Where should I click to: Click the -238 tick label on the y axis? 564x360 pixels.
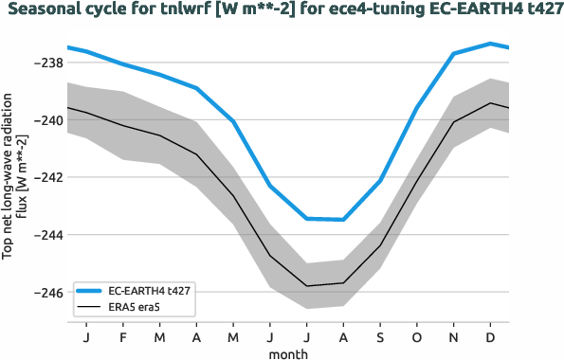pos(47,63)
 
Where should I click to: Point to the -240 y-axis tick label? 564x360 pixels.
pos(47,120)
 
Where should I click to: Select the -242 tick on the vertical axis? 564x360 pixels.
pos(47,178)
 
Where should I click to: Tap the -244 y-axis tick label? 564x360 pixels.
pos(47,235)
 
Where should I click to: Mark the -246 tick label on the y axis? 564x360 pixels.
pos(47,293)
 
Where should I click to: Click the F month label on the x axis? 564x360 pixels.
pos(123,337)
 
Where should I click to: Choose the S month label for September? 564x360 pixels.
pos(380,337)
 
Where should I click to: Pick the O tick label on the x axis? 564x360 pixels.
pos(417,337)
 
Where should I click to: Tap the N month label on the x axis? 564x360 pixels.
pos(454,337)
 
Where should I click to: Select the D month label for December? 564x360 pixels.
pos(490,337)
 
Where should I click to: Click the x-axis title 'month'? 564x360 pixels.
pos(288,352)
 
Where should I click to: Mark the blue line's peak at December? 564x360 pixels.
pos(490,43)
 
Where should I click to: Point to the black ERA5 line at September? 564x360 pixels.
pos(380,246)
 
